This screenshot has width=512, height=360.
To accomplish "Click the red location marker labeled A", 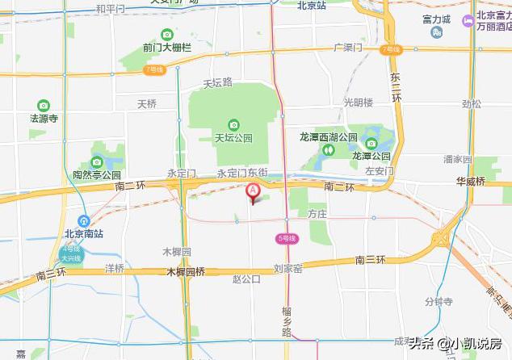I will pyautogui.click(x=252, y=191).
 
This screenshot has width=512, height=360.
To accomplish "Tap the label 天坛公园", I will pyautogui.click(x=233, y=136).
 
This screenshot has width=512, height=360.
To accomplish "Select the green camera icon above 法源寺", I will pyautogui.click(x=44, y=105).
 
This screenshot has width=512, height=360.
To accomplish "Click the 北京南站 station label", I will pyautogui.click(x=83, y=234).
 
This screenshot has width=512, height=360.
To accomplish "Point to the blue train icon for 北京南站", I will pyautogui.click(x=83, y=221).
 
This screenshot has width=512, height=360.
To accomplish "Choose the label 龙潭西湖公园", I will pyautogui.click(x=327, y=137).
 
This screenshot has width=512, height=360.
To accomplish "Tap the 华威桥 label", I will pyautogui.click(x=469, y=182).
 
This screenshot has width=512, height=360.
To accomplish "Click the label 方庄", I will pyautogui.click(x=317, y=213).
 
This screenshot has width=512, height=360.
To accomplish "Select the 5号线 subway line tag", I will pyautogui.click(x=287, y=238).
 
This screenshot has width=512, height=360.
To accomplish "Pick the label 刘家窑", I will pyautogui.click(x=287, y=268).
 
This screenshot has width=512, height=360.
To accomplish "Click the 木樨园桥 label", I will pyautogui.click(x=186, y=271).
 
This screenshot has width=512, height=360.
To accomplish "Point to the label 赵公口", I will pyautogui.click(x=246, y=279).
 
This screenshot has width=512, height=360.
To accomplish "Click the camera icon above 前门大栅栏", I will pyautogui.click(x=167, y=34).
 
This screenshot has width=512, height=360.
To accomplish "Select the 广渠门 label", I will pyautogui.click(x=348, y=48).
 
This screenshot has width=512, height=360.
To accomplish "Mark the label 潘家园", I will pyautogui.click(x=457, y=160).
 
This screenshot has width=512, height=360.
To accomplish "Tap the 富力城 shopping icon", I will pyautogui.click(x=437, y=33).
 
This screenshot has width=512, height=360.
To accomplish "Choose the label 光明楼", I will pyautogui.click(x=359, y=103).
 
